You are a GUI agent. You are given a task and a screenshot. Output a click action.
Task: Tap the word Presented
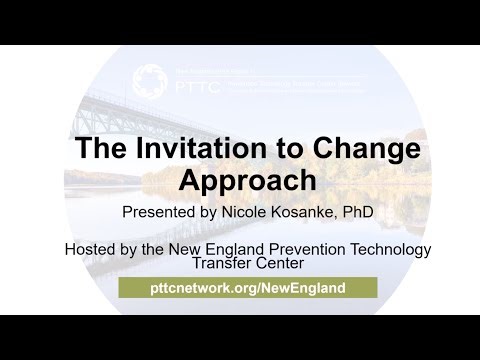(x=157, y=212)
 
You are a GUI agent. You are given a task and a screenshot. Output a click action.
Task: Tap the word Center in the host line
(x=272, y=265)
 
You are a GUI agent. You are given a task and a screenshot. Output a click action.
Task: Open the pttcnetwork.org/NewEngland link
(x=247, y=287)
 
